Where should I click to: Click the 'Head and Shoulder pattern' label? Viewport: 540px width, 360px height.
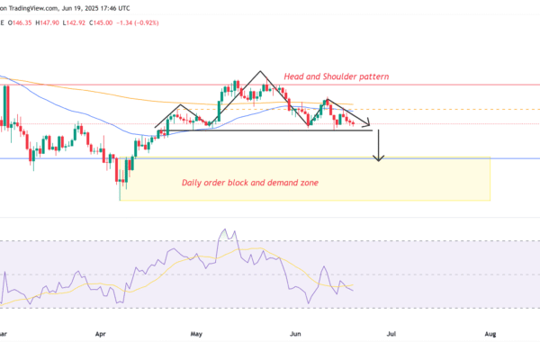pos(336,76)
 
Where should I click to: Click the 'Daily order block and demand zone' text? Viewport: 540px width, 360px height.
pos(249,183)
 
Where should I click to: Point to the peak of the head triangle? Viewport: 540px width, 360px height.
pos(262,71)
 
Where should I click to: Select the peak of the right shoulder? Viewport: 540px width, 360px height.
pos(328,99)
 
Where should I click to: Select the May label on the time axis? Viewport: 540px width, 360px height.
pos(197,332)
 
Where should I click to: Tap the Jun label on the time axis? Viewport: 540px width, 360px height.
pos(296,332)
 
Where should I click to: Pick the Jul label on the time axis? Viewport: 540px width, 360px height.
pos(391,332)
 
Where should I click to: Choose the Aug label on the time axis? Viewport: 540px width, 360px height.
pos(490,332)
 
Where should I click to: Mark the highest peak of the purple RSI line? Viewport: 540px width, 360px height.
pos(220,229)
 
